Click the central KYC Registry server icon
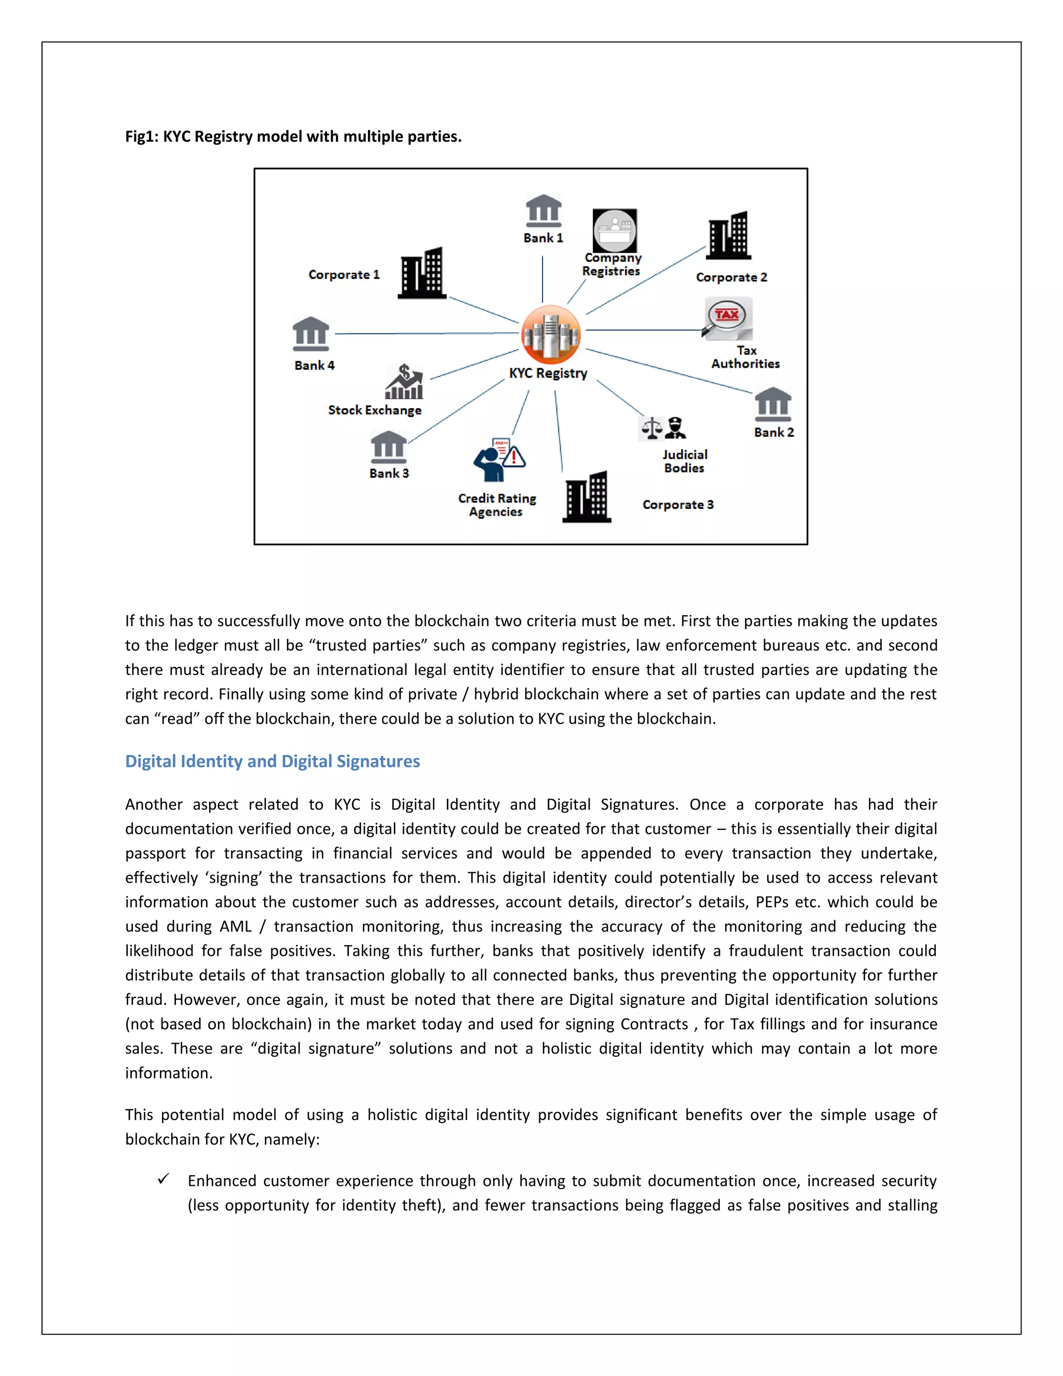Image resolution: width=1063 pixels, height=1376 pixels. [550, 334]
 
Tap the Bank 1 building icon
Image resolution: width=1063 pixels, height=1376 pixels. [543, 210]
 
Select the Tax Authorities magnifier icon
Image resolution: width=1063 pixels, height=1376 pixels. [727, 319]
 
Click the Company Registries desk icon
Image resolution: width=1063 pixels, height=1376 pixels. [615, 231]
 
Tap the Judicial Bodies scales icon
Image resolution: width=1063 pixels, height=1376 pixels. [662, 428]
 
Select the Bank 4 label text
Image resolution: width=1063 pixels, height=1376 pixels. [314, 366]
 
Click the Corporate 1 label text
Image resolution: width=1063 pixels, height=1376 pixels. [344, 275]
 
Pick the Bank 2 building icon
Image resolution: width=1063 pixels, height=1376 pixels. [773, 404]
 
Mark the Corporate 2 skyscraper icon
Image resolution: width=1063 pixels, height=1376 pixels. [729, 236]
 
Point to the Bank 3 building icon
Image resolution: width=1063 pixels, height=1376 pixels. [389, 447]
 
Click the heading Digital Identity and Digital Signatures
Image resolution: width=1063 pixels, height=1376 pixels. [272, 761]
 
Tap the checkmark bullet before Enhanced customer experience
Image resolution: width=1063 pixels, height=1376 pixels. [163, 1179]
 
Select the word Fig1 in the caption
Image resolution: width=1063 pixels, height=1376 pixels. [141, 136]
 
